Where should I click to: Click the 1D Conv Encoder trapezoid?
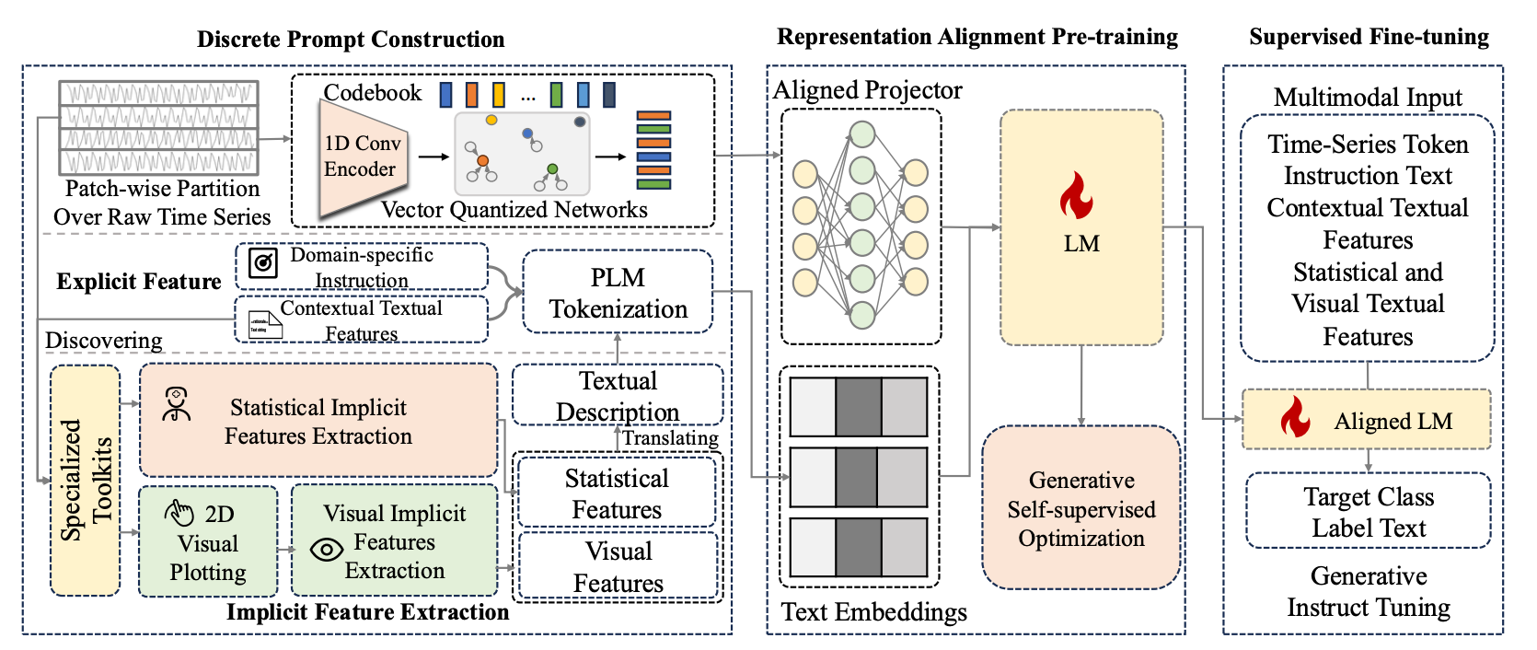(363, 157)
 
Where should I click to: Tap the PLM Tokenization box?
(618, 293)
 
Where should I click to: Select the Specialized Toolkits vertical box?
(85, 480)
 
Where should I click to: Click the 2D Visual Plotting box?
(208, 540)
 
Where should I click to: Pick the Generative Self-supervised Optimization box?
(1081, 507)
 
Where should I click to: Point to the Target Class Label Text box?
(1369, 511)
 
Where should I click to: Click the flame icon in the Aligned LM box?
(1295, 417)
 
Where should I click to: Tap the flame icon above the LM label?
(1076, 195)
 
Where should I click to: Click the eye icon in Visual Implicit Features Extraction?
(327, 549)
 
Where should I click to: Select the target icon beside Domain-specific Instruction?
(263, 263)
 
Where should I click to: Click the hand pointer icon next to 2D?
(179, 513)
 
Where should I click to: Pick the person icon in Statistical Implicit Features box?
(177, 404)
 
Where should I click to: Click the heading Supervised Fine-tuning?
(1369, 37)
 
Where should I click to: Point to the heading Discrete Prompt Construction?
(351, 39)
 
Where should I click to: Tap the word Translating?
(670, 438)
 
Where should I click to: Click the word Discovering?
(104, 341)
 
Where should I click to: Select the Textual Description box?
(618, 395)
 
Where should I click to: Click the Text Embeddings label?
(874, 611)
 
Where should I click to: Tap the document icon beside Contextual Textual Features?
(266, 325)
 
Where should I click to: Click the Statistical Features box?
(617, 493)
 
